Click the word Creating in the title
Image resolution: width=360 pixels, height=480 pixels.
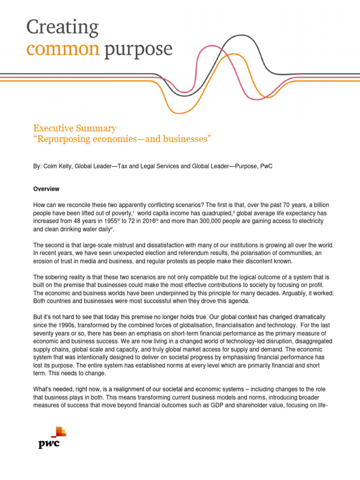coord(62,28)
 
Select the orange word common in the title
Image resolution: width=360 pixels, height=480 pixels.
coord(63,49)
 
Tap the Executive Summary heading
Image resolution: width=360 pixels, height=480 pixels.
coord(75,128)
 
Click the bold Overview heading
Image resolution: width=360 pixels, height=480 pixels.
coord(46,189)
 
